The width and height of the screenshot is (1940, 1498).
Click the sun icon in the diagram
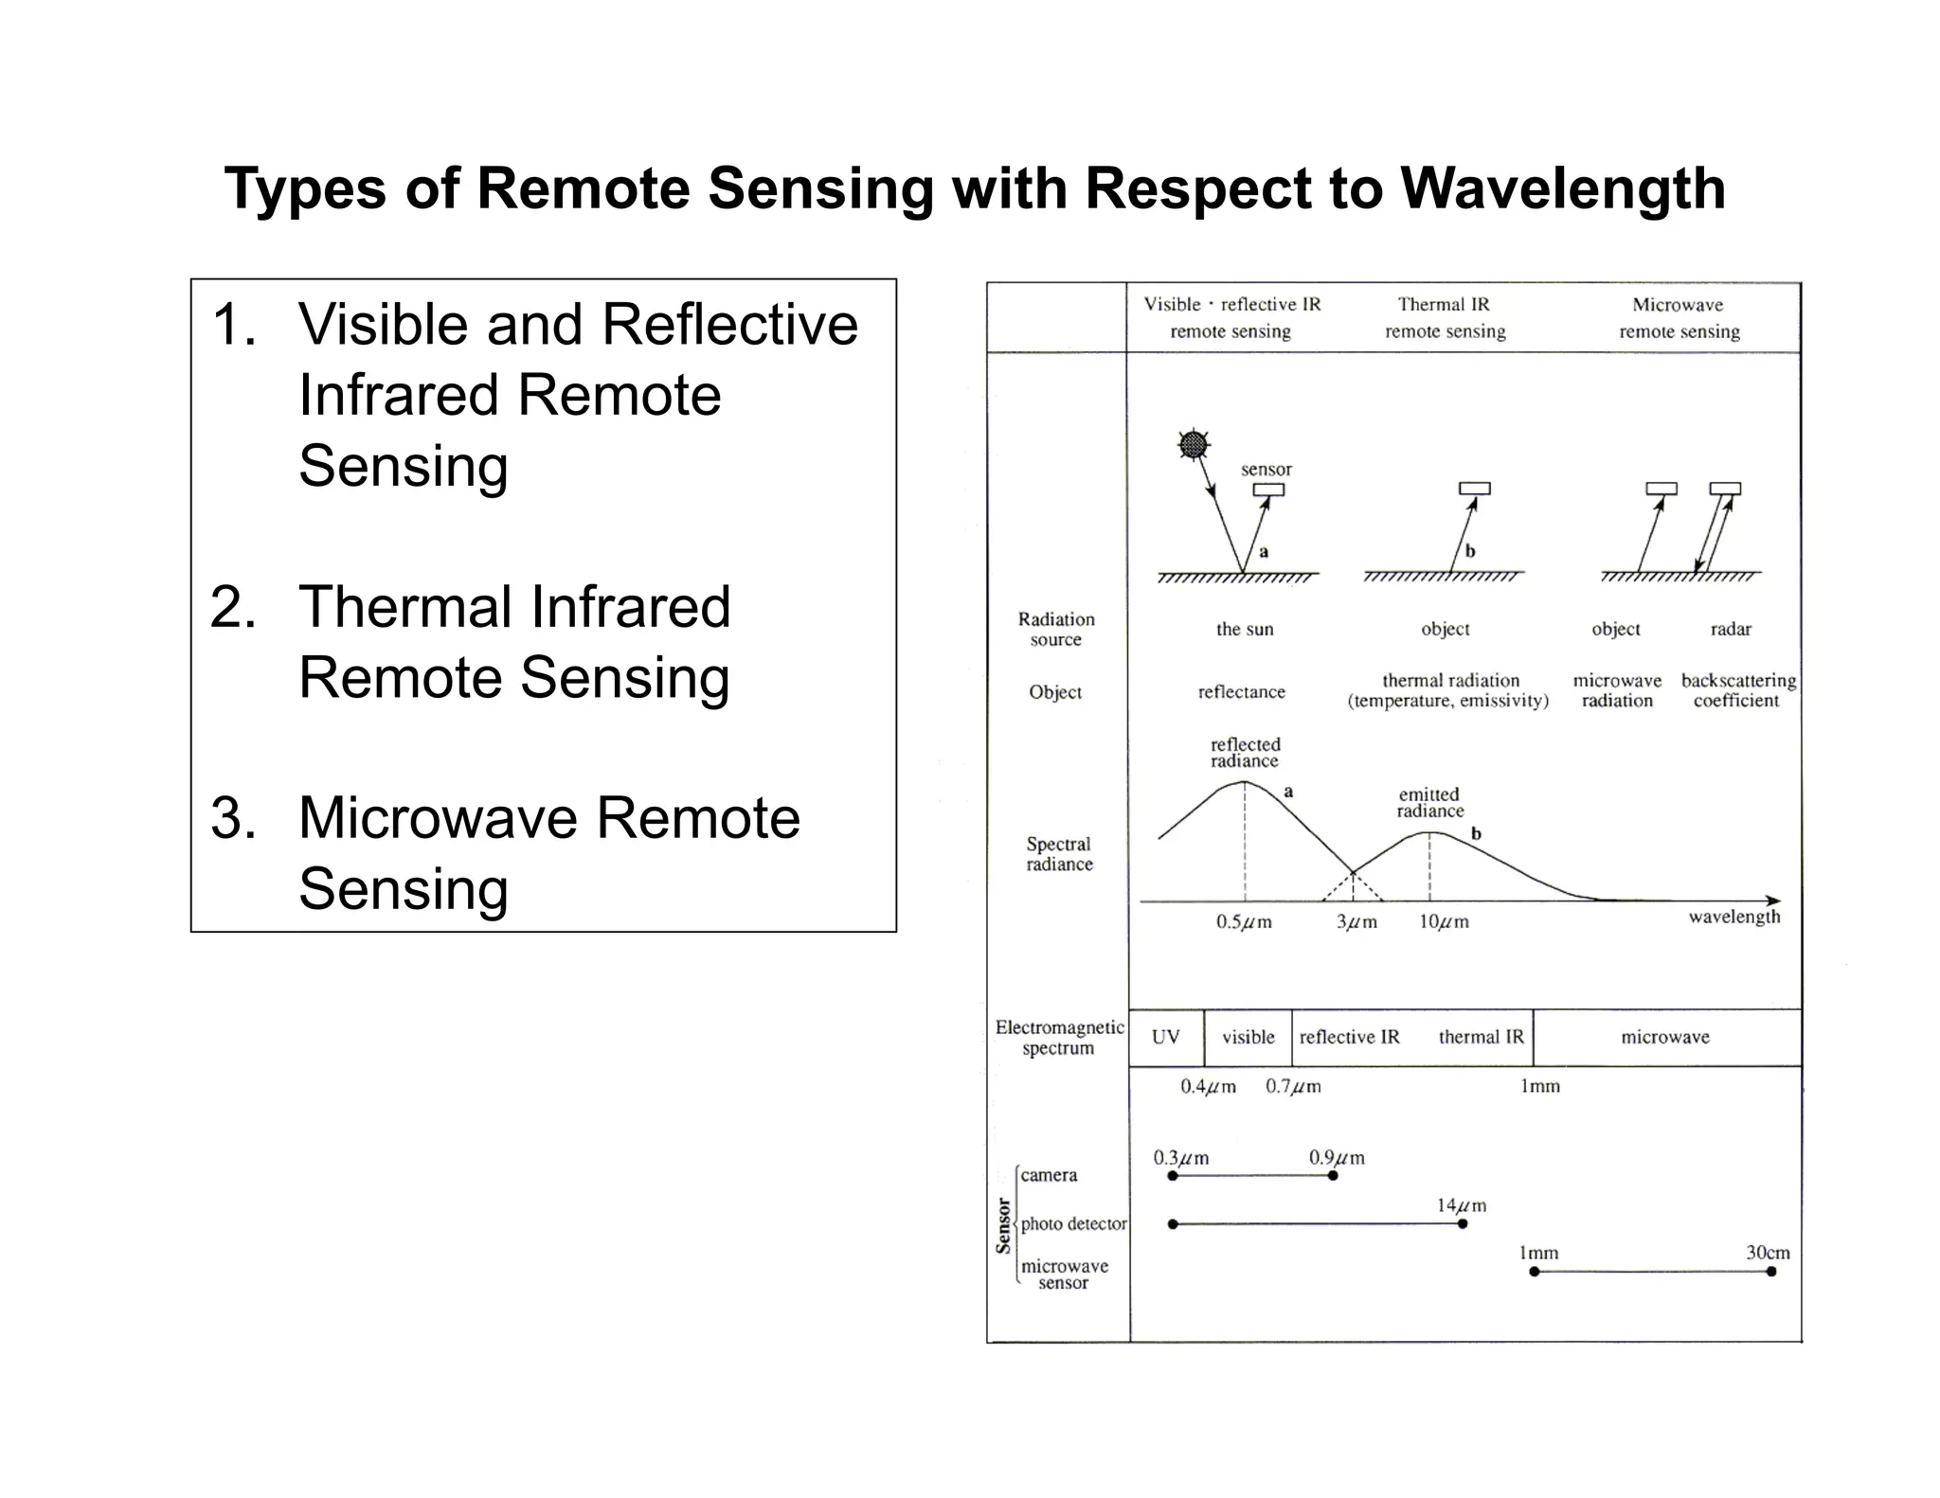point(1194,444)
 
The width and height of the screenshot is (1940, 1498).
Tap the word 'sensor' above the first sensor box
point(1266,469)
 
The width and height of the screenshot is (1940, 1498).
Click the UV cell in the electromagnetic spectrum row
point(1165,1037)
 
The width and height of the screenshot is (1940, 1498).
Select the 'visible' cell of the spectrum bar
point(1248,1037)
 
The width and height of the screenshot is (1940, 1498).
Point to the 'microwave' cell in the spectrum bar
point(1664,1037)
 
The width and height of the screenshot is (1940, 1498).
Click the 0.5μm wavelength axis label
point(1243,921)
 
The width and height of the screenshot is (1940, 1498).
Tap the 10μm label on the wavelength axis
point(1444,921)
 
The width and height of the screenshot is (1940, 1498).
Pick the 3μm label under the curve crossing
point(1356,921)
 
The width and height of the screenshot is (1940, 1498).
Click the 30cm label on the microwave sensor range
point(1768,1252)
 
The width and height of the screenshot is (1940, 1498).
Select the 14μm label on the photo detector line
point(1461,1205)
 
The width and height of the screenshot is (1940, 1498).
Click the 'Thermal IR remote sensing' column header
point(1445,317)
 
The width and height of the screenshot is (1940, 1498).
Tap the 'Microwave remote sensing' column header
point(1679,317)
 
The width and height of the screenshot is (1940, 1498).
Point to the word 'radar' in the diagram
point(1731,629)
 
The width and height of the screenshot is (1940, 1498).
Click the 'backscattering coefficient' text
point(1737,690)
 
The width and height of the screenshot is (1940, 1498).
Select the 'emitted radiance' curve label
point(1429,802)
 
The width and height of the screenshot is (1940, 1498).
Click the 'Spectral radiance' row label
point(1058,853)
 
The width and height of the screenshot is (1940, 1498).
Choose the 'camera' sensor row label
point(1048,1175)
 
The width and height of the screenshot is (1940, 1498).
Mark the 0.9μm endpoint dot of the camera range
point(1333,1175)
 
